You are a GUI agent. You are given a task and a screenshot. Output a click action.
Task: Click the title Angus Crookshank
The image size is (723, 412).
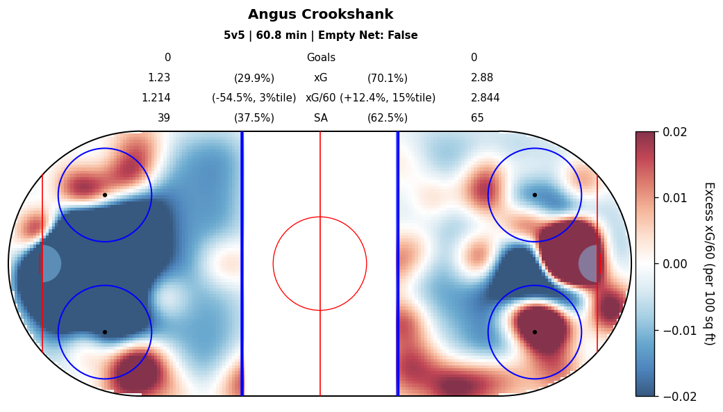pos(320,15)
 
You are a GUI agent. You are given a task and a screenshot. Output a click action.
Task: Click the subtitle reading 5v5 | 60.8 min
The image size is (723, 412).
pos(320,35)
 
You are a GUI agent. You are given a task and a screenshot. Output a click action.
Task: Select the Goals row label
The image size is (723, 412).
pos(321,58)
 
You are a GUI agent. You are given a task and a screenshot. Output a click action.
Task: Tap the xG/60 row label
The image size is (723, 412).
pos(321,98)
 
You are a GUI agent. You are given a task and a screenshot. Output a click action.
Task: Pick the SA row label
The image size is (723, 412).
pos(321,118)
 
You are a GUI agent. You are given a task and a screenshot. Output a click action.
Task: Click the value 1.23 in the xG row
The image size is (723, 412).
pos(159,78)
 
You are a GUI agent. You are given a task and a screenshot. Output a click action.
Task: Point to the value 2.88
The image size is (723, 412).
pos(482,78)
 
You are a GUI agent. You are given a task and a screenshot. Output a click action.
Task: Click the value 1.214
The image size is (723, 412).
pos(156,98)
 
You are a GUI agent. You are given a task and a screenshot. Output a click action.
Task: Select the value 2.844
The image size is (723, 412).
pos(485,98)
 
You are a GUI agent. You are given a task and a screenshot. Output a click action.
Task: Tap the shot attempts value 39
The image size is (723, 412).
pos(164,118)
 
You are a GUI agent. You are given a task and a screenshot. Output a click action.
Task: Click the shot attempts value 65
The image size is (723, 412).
pos(477,118)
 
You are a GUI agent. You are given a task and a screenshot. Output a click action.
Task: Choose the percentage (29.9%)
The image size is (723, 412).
pos(254,79)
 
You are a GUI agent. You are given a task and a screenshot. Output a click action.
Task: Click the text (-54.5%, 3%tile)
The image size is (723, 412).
pos(254,98)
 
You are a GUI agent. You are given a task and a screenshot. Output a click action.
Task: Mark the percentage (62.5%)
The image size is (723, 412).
pos(388,118)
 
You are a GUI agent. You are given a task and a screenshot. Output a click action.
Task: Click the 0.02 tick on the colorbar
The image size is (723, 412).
pos(674,131)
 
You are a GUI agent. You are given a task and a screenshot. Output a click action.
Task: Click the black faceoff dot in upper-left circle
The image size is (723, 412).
pos(105,195)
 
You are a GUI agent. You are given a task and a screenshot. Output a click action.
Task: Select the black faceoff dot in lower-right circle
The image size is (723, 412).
pos(535,332)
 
